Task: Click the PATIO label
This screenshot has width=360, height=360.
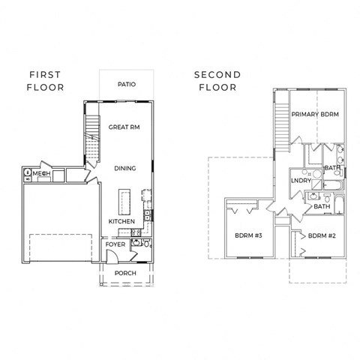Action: [x=125, y=85]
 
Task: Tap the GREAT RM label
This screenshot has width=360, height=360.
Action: [x=124, y=127]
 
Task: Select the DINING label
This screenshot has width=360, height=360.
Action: [x=124, y=168]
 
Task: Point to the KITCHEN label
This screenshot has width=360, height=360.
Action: [x=121, y=222]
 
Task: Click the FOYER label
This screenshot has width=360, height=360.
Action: [x=115, y=244]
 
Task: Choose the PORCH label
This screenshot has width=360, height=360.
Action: [x=124, y=273]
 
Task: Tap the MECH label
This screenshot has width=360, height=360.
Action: [x=41, y=173]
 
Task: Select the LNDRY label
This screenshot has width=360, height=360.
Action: [x=301, y=180]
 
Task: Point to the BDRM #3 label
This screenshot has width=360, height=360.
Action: [x=247, y=235]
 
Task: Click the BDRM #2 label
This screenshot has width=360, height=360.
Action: [x=322, y=235]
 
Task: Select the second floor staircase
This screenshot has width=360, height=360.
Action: [x=283, y=124]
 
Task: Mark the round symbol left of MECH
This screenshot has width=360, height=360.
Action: [x=28, y=173]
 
